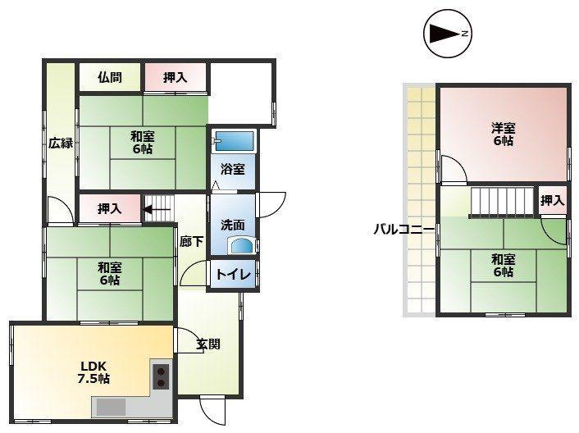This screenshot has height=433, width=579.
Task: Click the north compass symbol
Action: coord(448,34)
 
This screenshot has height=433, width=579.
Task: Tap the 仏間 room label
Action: coord(110,78)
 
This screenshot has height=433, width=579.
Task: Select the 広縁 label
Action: coord(61,143)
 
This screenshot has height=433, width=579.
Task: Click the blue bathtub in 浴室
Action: coord(234,141)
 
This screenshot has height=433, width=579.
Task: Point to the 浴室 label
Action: coord(233,169)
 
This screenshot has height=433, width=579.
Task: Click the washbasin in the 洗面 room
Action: coord(242,246)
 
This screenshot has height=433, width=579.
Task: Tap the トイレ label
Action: coord(233,274)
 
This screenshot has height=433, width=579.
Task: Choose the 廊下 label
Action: coord(192,242)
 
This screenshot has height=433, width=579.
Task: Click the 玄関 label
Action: coord(208,344)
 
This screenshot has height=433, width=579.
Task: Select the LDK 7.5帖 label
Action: coord(93,372)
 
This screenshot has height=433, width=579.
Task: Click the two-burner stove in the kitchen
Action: coord(161,376)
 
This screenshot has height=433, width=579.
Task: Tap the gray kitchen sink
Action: coord(112,408)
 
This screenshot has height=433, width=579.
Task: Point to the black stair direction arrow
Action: coord(157,210)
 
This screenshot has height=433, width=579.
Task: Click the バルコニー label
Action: coord(404,230)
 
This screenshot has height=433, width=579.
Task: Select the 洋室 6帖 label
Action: coord(503,134)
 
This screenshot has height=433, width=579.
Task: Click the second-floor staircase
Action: coord(501,202)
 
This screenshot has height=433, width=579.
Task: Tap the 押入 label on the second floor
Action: coord(553,201)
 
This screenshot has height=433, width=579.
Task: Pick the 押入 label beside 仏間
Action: coord(175,78)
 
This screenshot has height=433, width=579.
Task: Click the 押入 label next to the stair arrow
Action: coord(110,209)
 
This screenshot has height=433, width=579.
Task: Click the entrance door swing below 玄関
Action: coord(212,411)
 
